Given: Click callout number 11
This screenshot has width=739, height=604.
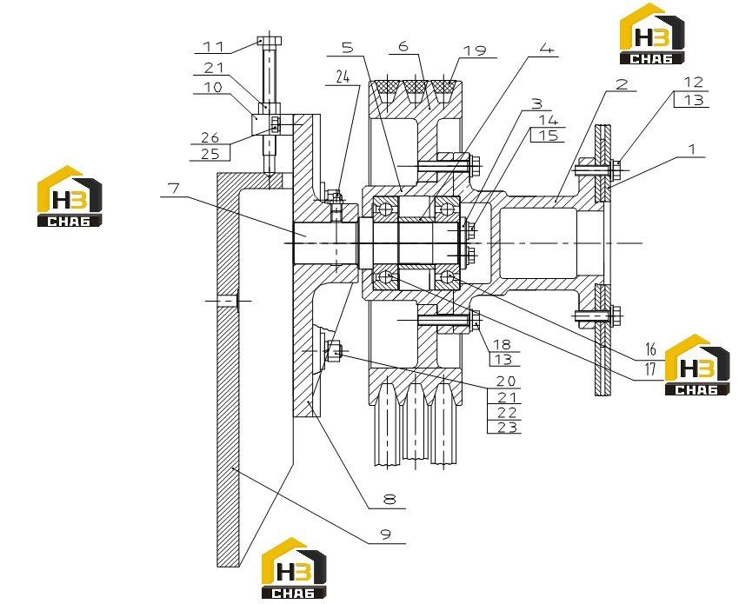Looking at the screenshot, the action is (x=212, y=47).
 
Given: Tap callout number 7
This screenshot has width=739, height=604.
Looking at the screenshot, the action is (x=174, y=189).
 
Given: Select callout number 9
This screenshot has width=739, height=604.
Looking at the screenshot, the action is (x=385, y=534).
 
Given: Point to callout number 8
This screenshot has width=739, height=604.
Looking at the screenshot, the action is (x=389, y=499).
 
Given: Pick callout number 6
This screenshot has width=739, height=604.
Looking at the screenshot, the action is (x=403, y=46).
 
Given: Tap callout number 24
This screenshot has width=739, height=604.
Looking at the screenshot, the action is (x=343, y=76).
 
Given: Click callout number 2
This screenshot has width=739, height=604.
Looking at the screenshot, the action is (x=622, y=83).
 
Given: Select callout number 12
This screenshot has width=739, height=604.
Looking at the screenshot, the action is (x=694, y=82).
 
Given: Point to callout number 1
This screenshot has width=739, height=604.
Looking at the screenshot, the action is (x=691, y=149).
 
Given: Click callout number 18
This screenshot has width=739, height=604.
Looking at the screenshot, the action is (x=503, y=344).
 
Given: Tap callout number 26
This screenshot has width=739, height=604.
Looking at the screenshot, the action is (x=210, y=137).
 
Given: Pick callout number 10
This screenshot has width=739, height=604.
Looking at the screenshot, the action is (x=212, y=87).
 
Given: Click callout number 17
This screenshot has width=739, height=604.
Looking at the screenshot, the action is (x=650, y=369).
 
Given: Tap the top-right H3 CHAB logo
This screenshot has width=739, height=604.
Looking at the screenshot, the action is (x=652, y=33).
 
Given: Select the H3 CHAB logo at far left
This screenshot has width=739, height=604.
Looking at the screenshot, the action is (x=70, y=196).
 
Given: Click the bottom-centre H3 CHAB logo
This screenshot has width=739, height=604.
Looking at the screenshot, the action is (x=294, y=567).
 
